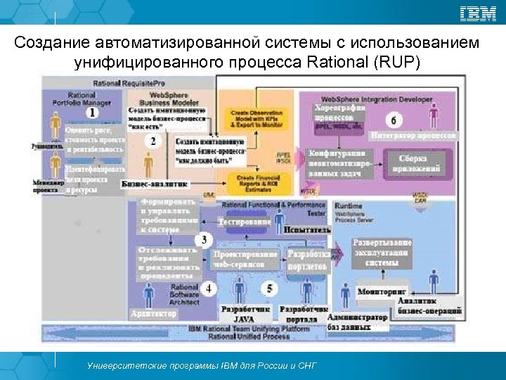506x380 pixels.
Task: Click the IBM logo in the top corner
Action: [x=477, y=13]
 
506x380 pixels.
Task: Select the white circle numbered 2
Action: [x=153, y=140]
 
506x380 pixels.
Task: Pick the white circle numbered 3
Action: [x=205, y=240]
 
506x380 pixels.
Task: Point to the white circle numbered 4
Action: [x=209, y=288]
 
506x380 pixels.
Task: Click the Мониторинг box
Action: [x=382, y=290]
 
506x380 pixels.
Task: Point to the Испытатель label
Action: [x=306, y=229]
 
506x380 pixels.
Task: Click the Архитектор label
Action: [x=153, y=314]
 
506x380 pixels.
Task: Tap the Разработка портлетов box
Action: [x=307, y=260]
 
